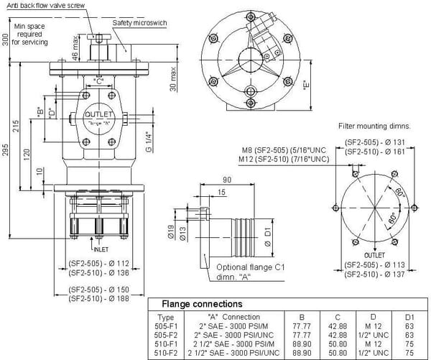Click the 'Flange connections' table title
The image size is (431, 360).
(202, 304)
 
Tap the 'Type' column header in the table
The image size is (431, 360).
(165, 316)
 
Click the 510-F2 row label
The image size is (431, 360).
(166, 352)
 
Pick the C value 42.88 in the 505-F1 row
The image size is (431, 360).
(336, 326)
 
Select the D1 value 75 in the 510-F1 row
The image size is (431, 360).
(409, 343)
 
